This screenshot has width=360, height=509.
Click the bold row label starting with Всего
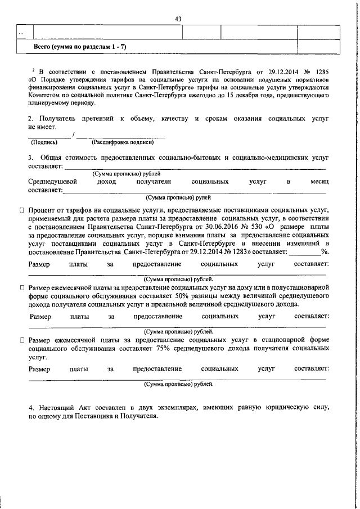pyautogui.click(x=80, y=46)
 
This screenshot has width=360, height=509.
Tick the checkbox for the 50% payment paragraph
pyautogui.click(x=22, y=287)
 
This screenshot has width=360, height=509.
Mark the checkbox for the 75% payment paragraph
pyautogui.click(x=22, y=340)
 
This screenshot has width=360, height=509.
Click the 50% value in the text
pyautogui.click(x=184, y=296)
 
